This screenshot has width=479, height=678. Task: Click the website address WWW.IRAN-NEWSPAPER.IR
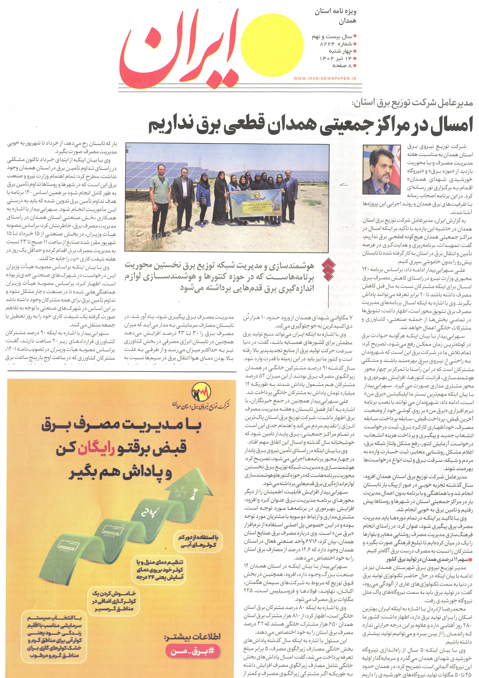click(x=325, y=78)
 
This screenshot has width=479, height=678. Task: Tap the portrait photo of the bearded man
click(x=381, y=169)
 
